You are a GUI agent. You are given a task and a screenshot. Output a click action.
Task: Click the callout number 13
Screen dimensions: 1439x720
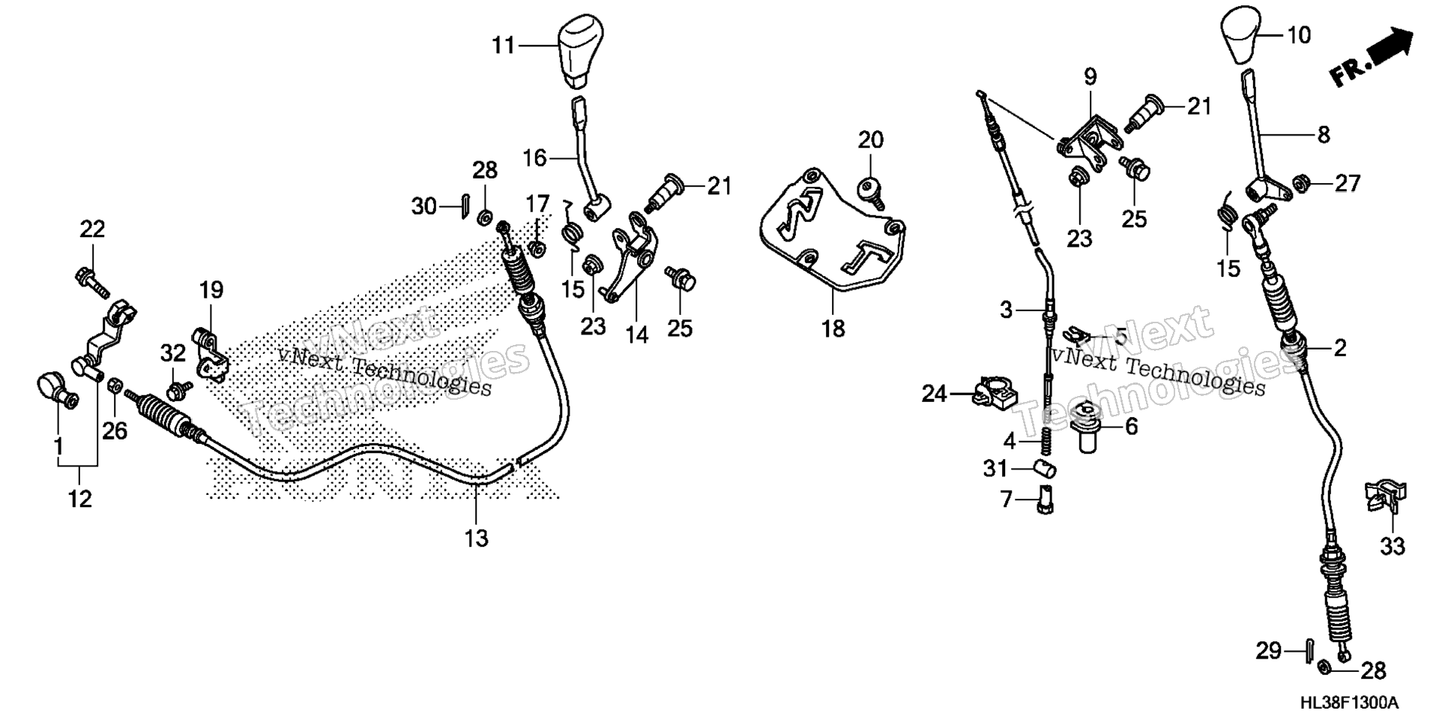(477, 538)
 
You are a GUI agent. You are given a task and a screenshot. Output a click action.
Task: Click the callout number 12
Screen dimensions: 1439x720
(79, 498)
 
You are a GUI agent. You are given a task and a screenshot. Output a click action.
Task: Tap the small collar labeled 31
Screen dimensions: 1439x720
(1044, 470)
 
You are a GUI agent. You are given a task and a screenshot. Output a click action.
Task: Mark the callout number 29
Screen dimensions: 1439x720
(1268, 650)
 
